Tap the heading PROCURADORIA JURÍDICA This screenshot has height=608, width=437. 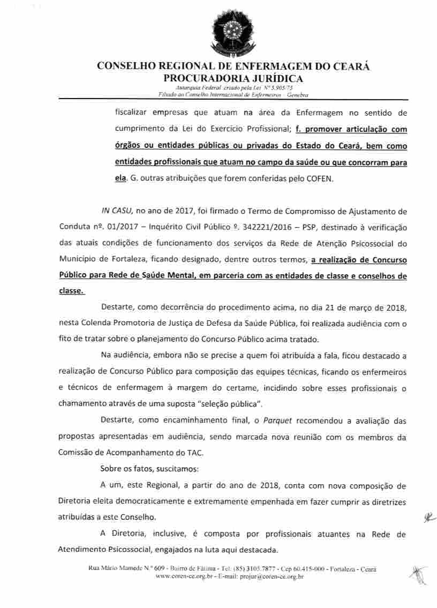click(233, 79)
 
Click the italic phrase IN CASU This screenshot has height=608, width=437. click(117, 211)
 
